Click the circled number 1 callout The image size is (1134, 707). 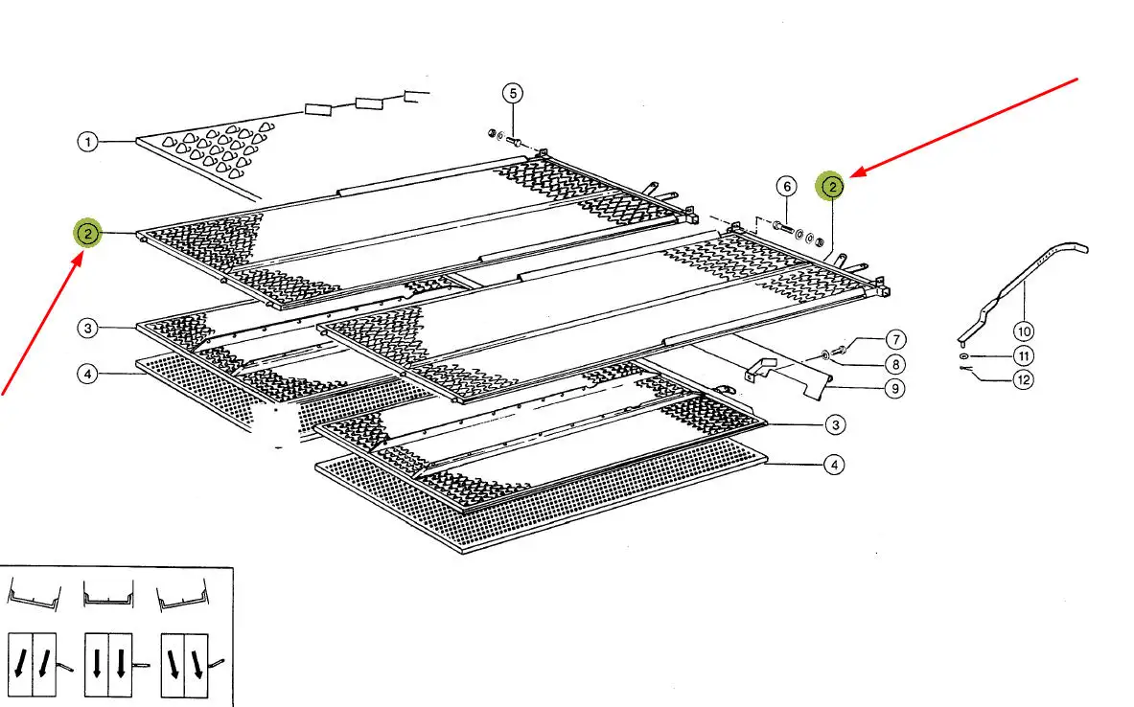point(87,141)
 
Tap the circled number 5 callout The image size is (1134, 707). point(513,93)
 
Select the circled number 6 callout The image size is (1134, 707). point(787,187)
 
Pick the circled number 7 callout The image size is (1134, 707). point(896,340)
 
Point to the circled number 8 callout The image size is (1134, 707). point(895,364)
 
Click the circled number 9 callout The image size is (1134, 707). point(895,389)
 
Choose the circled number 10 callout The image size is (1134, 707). point(1024,331)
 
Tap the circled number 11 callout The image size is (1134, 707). point(1024,355)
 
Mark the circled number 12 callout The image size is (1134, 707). point(1024,379)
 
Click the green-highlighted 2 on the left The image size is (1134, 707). point(87,234)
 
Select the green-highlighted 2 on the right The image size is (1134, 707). point(832,187)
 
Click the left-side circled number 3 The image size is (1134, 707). point(87,329)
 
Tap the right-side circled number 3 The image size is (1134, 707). point(835,425)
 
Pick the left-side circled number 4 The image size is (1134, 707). point(87,374)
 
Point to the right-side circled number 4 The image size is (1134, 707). point(834,465)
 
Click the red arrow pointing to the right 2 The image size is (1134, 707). point(964,127)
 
